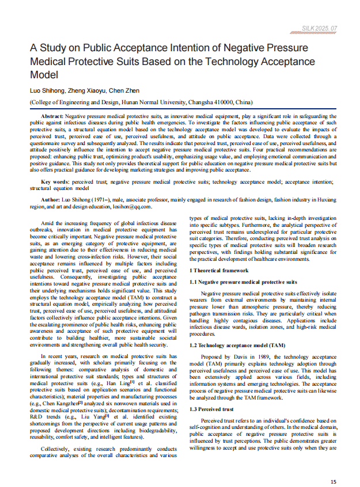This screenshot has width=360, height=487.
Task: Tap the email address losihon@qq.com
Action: pos(132,206)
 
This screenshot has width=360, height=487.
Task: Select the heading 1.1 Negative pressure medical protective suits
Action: pos(243,282)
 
